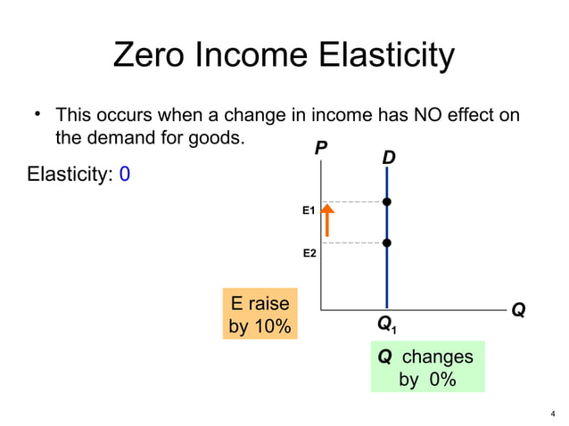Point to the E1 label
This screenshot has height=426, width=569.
pyautogui.click(x=309, y=210)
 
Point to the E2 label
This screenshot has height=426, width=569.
pyautogui.click(x=309, y=254)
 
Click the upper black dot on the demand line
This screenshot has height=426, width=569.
pyautogui.click(x=386, y=202)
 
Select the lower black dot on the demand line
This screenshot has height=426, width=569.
pyautogui.click(x=386, y=242)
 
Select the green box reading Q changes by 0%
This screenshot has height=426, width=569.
pyautogui.click(x=427, y=367)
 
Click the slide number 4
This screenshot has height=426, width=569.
pyautogui.click(x=553, y=413)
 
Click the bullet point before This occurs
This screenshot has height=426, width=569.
pyautogui.click(x=37, y=116)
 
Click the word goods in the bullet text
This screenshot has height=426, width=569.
pyautogui.click(x=219, y=138)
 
